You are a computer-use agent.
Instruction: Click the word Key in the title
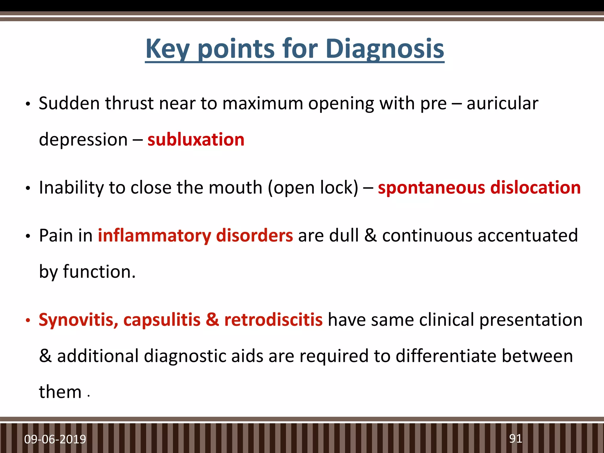pos(167,49)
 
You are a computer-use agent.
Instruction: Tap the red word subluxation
pos(196,139)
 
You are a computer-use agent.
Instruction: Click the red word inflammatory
pos(154,236)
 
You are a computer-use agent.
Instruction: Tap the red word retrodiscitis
pos(273,320)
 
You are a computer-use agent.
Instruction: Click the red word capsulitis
pos(162,320)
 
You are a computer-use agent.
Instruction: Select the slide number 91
pos(516,439)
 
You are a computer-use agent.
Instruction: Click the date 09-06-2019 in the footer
pos(55,439)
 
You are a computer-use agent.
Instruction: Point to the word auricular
pos(502,104)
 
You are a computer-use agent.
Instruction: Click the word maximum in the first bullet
pos(262,104)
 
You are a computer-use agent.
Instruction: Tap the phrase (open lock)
pos(313,188)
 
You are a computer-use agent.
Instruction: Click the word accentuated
pos(528,236)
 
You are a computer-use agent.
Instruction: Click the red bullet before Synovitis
pos(28,321)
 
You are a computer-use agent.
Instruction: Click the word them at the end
pos(60,392)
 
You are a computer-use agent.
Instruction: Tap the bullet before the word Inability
pos(28,188)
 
